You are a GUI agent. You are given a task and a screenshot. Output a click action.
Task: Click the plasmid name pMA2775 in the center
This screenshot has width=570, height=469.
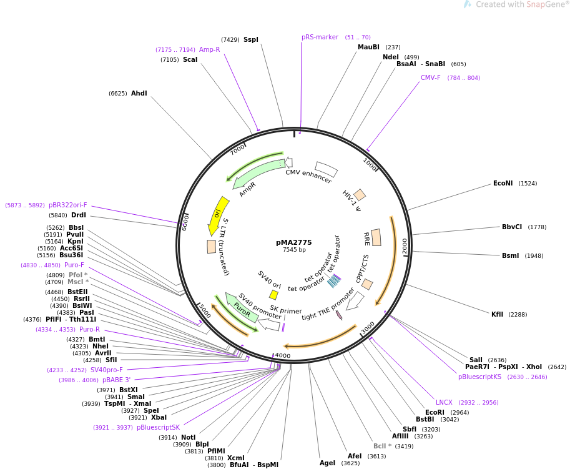pos(293,242)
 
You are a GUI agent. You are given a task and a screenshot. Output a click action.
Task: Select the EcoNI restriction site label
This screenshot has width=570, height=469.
pos(503,184)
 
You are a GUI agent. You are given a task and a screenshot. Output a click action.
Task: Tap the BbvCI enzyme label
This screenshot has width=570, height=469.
pos(512,227)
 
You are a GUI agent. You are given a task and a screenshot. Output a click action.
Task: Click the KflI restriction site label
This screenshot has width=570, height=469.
pos(497,315)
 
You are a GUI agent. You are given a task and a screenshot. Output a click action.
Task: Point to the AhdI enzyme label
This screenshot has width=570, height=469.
pos(139,94)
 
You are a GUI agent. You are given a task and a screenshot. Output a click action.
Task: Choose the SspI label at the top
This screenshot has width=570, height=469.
pos(250,40)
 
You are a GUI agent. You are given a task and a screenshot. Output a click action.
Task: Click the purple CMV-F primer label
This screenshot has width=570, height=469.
pos(430,78)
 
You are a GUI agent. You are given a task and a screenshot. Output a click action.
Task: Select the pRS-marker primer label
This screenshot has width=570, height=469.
pos(320,37)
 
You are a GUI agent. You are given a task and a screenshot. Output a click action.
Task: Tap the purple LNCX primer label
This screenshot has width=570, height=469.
pos(444,403)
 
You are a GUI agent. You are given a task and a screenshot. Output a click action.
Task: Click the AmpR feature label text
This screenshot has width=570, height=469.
pos(247,189)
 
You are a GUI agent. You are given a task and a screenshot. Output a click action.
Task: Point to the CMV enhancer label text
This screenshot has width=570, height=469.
pos(308,177)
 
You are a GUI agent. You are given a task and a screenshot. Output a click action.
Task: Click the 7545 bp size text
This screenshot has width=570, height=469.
pos(294,250)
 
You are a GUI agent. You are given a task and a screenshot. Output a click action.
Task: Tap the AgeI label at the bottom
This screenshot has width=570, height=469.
pos(327,463)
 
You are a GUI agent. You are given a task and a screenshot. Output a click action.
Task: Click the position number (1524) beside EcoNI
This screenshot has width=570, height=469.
pos(528,184)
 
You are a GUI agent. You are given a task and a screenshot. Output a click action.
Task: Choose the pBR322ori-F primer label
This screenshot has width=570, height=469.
pos(68,205)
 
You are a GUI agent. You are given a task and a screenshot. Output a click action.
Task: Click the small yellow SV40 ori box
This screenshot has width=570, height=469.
pos(273,295)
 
